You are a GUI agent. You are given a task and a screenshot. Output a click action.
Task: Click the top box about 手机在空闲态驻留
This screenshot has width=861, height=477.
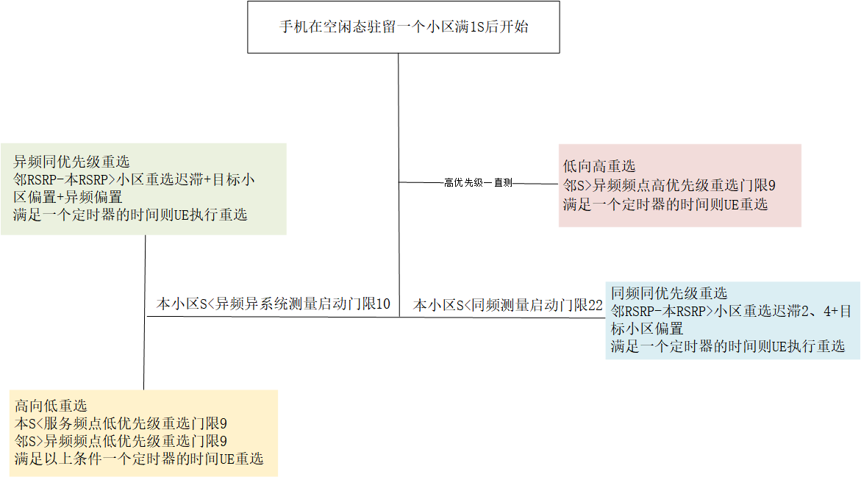pyautogui.click(x=404, y=27)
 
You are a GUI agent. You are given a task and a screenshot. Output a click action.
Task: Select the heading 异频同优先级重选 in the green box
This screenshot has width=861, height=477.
pyautogui.click(x=72, y=162)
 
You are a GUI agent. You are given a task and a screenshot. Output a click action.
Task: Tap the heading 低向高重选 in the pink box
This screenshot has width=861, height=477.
pyautogui.click(x=599, y=166)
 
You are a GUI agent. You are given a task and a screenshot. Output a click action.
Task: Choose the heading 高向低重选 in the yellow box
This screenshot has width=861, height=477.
pyautogui.click(x=51, y=406)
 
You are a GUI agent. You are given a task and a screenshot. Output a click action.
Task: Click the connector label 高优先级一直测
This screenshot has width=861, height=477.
pyautogui.click(x=478, y=182)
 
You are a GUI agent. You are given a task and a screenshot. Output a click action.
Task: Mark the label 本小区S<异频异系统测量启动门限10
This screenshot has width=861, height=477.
pyautogui.click(x=273, y=304)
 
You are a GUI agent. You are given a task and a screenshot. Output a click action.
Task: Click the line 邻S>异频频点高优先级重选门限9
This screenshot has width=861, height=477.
pyautogui.click(x=670, y=185)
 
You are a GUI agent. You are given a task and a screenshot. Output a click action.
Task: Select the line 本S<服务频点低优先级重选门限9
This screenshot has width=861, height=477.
pyautogui.click(x=121, y=423)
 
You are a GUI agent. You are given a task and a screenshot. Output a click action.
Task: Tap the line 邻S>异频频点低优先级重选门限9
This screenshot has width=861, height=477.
pyautogui.click(x=121, y=441)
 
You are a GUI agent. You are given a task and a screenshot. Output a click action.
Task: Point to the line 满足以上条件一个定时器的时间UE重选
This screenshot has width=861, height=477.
pyautogui.click(x=139, y=459)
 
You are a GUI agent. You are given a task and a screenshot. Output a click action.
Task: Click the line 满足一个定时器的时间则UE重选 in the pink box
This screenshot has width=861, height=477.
pyautogui.click(x=665, y=204)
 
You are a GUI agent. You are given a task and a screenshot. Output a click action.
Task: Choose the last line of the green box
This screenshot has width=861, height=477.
pyautogui.click(x=130, y=215)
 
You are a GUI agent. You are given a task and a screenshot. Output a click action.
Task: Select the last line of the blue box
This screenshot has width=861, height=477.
pyautogui.click(x=728, y=346)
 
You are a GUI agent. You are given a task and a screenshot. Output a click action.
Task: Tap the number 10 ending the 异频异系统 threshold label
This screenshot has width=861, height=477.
pyautogui.click(x=382, y=304)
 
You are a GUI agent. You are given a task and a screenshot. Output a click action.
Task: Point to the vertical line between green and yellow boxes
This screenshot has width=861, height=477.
pyautogui.click(x=145, y=312)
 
